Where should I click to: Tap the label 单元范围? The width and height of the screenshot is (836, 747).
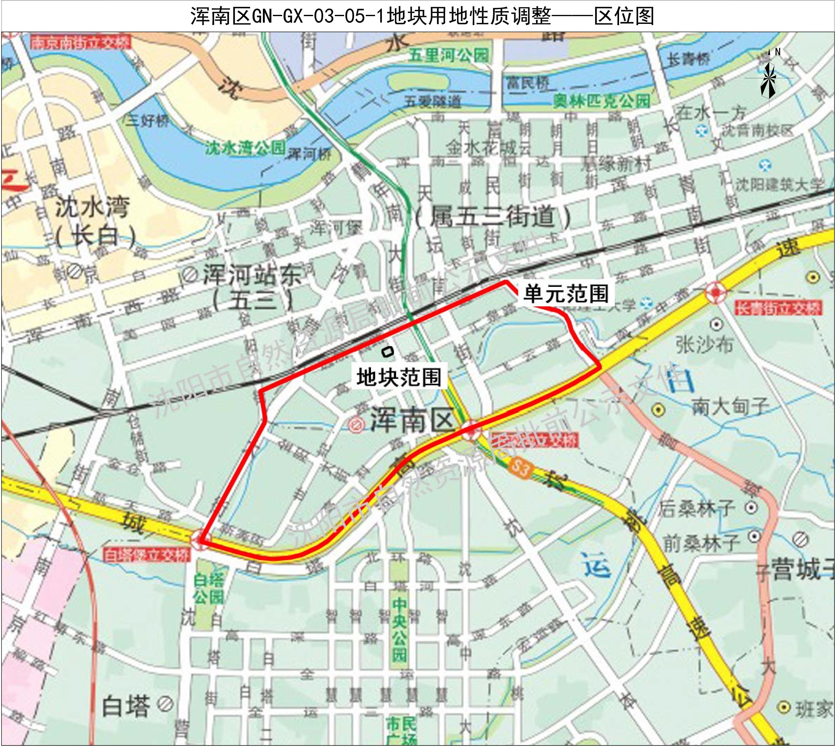[566, 294]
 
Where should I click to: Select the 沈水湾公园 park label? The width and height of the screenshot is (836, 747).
[245, 148]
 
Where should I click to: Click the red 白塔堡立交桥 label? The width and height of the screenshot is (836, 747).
[146, 555]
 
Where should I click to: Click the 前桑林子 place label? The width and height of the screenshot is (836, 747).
[702, 543]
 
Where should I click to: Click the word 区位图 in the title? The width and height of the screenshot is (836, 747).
[624, 16]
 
